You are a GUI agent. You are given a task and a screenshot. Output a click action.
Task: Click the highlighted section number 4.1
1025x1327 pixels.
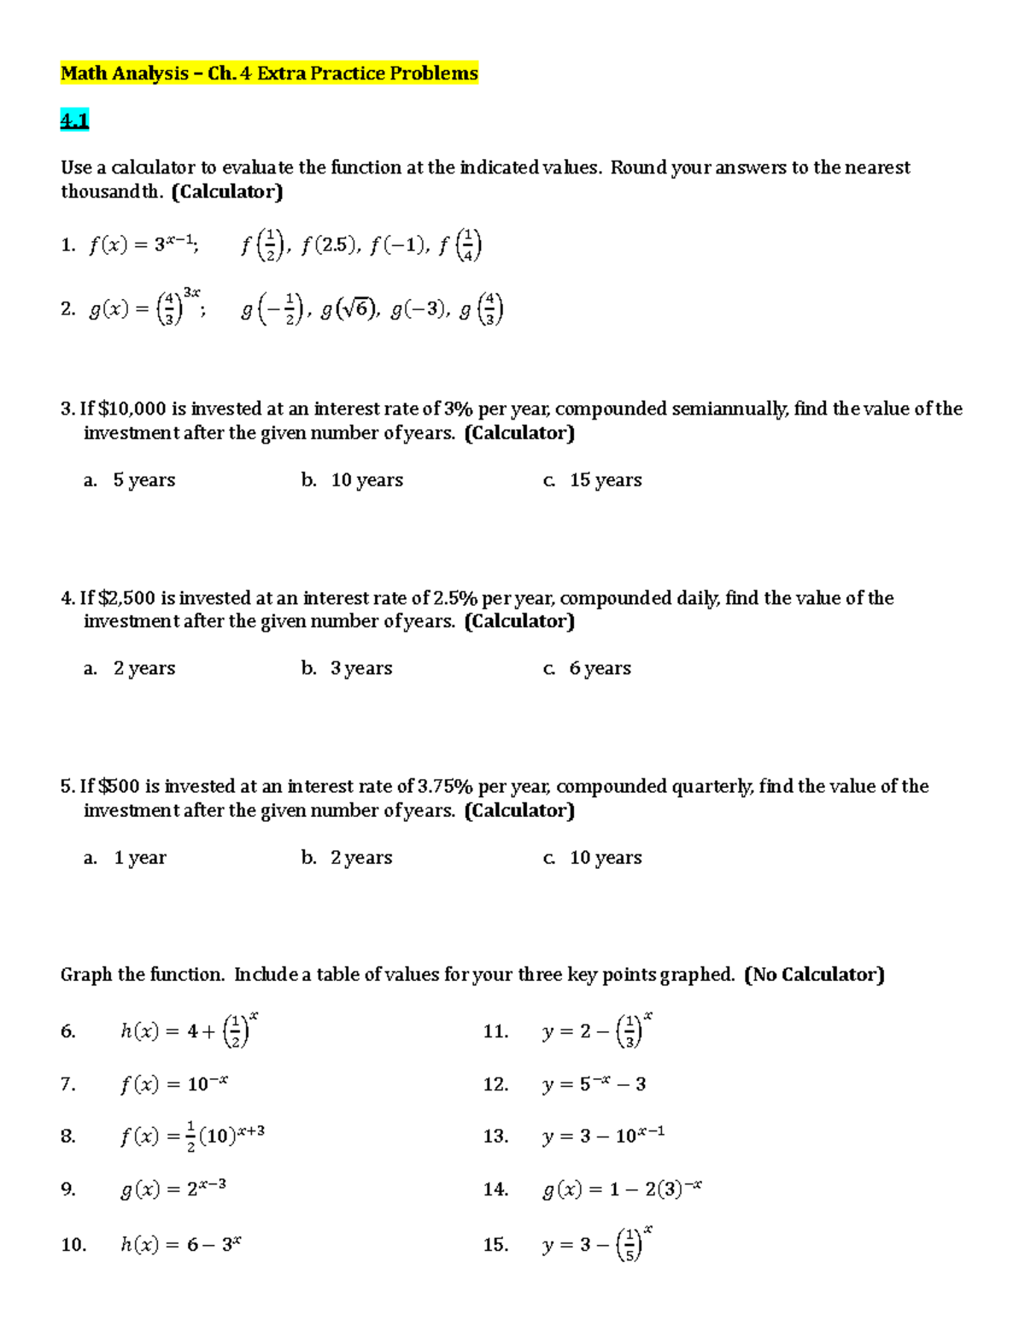click(74, 121)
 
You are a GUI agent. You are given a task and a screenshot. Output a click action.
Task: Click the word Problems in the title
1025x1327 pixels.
click(434, 73)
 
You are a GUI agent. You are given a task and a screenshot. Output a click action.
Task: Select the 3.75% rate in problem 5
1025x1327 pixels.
click(444, 786)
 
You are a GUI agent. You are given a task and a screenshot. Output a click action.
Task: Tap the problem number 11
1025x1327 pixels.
click(495, 1032)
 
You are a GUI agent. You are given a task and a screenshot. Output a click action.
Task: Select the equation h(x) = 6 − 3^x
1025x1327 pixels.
click(180, 1245)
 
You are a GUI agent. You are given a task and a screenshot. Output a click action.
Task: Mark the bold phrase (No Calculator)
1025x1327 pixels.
click(814, 975)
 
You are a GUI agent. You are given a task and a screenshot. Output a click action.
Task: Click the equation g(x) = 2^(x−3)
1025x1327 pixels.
click(173, 1189)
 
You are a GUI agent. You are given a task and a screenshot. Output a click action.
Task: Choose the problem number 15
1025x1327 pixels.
click(495, 1245)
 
